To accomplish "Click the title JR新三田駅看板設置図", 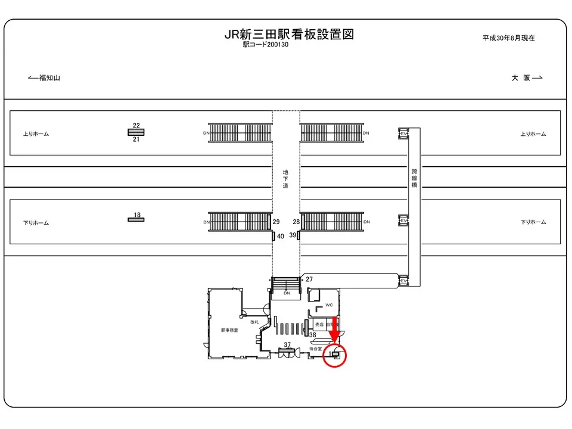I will point(289,35).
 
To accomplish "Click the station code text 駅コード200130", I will point(265,45).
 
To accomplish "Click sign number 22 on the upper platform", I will point(136,125).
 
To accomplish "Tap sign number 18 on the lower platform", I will point(136,214).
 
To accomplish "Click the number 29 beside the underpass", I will point(276,222).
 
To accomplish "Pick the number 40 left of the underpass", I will point(281,236).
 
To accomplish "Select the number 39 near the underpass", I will point(293,235).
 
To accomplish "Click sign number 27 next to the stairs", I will point(309,279).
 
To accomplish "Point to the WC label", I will point(329,305).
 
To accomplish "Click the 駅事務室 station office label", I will point(229,330).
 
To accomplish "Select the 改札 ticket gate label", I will point(254,322).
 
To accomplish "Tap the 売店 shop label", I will point(319,324).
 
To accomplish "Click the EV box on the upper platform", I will point(403,133).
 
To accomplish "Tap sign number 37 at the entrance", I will point(287,345).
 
